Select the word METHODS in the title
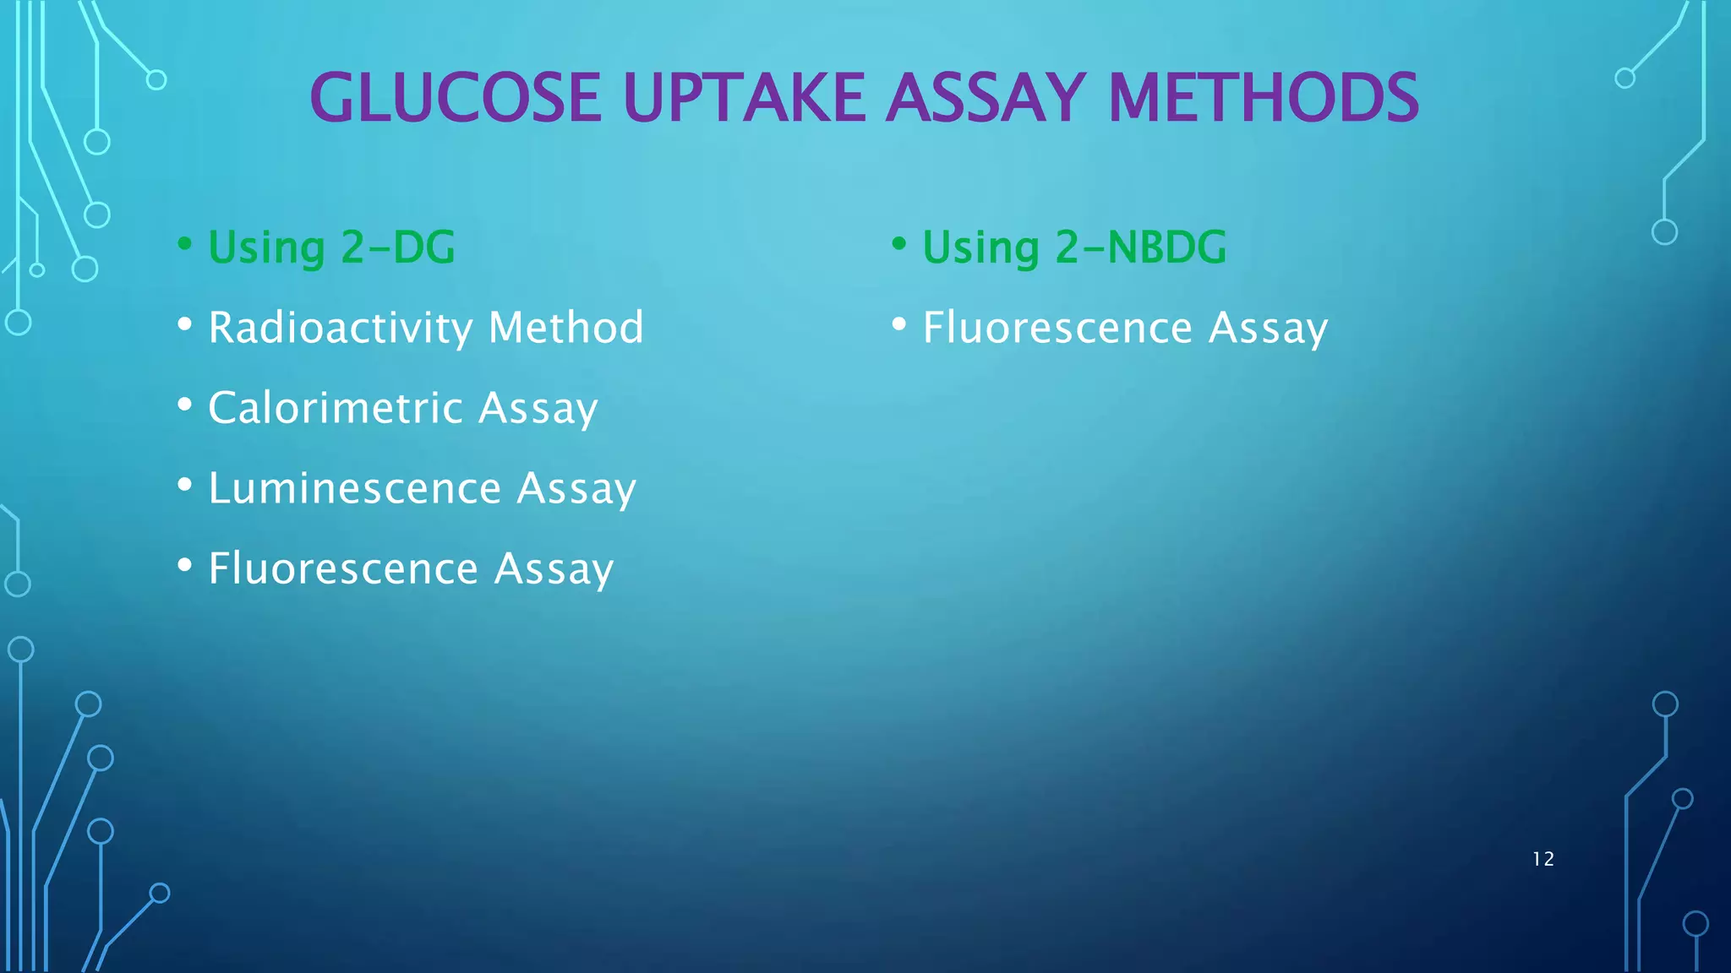pyautogui.click(x=1263, y=98)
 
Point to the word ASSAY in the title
pyautogui.click(x=986, y=98)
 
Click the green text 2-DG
pyautogui.click(x=398, y=247)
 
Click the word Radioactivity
pyautogui.click(x=341, y=328)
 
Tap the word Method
pyautogui.click(x=565, y=328)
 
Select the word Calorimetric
pyautogui.click(x=336, y=408)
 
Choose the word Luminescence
pyautogui.click(x=355, y=488)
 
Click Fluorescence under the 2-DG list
pyautogui.click(x=343, y=568)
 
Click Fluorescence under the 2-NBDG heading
pyautogui.click(x=1057, y=328)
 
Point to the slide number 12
pyautogui.click(x=1543, y=859)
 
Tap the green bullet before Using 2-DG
pyautogui.click(x=184, y=245)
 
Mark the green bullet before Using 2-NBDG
pyautogui.click(x=898, y=245)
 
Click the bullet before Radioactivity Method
pyautogui.click(x=184, y=325)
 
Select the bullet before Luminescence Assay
pyautogui.click(x=184, y=486)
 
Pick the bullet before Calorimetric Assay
pyautogui.click(x=184, y=405)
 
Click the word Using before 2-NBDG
pyautogui.click(x=980, y=247)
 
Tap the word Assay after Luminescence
pyautogui.click(x=576, y=488)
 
